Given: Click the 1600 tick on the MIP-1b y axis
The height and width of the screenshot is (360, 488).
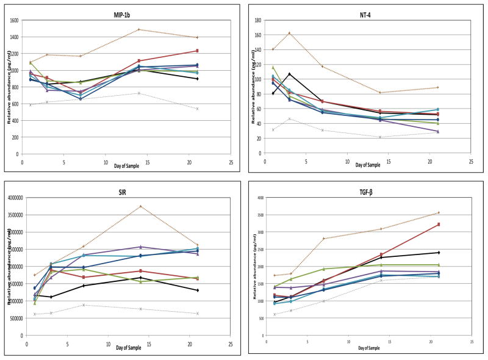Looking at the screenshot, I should pos(13,21).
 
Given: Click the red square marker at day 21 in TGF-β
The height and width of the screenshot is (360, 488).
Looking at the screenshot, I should pos(439,225).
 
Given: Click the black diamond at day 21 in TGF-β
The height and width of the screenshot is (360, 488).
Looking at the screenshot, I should pos(439,253).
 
